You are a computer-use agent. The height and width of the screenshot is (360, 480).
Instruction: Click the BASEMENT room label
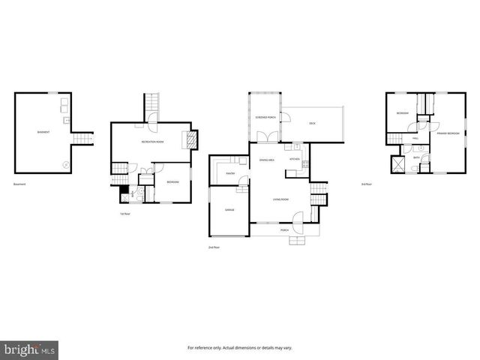[x=44, y=133]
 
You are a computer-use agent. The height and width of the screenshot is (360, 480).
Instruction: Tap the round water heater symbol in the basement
[x=65, y=163]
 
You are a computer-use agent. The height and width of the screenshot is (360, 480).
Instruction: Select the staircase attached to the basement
[x=81, y=139]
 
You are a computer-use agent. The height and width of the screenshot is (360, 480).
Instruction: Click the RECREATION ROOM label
[x=153, y=141]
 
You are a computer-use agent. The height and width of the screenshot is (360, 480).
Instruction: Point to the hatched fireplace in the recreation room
[x=193, y=140]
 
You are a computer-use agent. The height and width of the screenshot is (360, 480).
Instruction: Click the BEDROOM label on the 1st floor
[x=172, y=181]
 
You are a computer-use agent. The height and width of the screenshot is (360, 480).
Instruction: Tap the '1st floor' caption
[x=125, y=214]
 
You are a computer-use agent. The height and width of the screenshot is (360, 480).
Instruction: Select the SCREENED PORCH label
[x=265, y=118]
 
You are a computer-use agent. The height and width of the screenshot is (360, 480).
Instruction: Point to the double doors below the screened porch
[x=265, y=138]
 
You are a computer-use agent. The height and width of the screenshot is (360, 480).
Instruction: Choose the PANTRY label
[x=231, y=173]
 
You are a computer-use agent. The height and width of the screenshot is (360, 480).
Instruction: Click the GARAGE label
[x=229, y=210]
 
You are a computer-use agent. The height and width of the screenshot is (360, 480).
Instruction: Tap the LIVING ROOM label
[x=280, y=199]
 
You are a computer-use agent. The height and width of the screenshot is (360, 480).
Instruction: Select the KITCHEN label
[x=295, y=160]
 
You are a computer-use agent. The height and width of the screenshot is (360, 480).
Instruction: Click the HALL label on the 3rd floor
[x=415, y=138]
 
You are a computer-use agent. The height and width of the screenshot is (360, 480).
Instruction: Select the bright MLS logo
[x=29, y=349]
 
